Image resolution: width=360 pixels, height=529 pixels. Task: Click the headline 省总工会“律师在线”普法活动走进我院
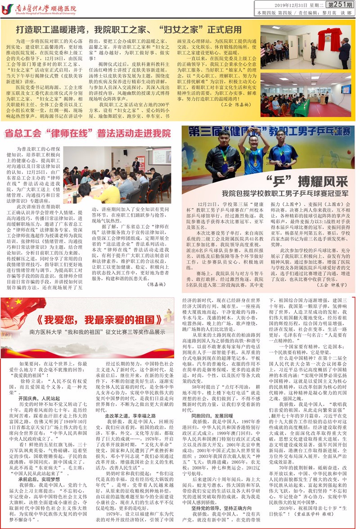88,134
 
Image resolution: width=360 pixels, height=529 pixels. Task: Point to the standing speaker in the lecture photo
135,165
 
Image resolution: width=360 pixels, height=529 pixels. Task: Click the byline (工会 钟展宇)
332,285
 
